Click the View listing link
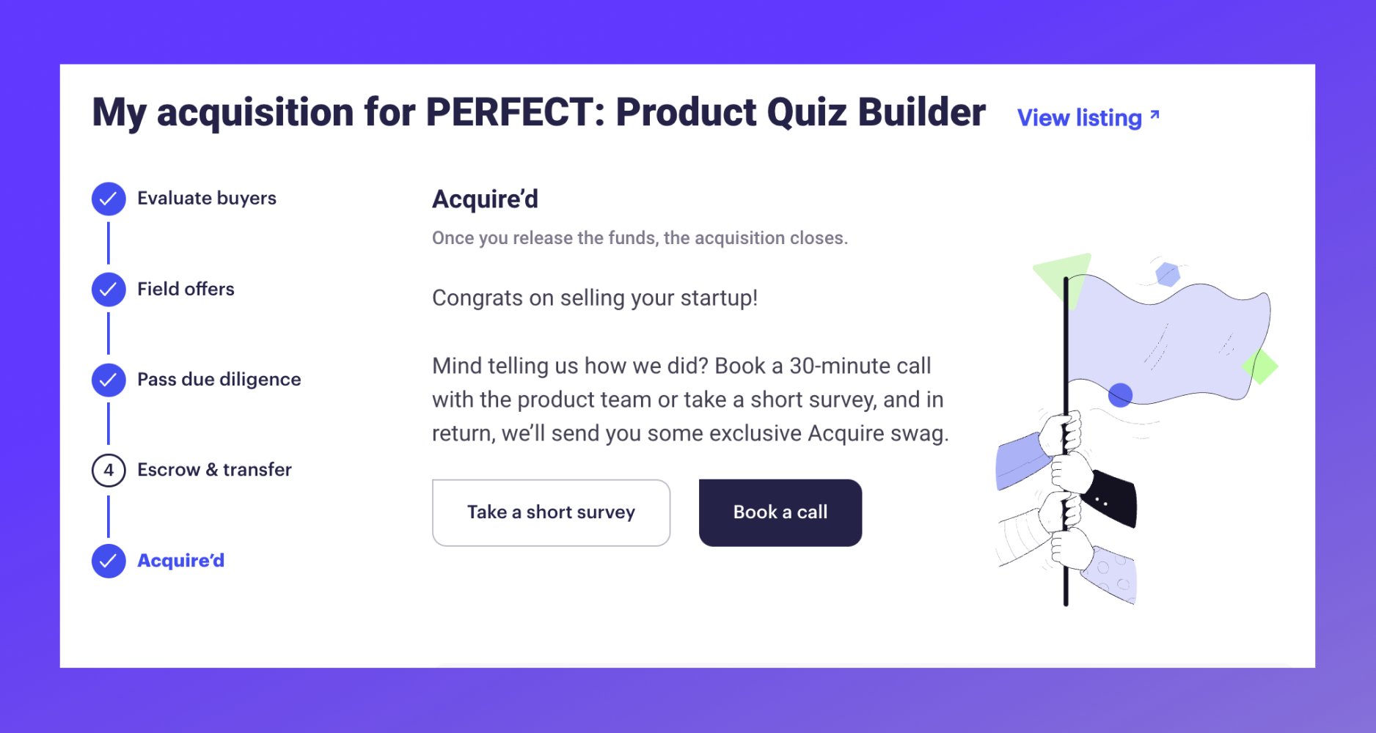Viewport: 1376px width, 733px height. [1079, 118]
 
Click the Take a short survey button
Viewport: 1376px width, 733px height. [551, 512]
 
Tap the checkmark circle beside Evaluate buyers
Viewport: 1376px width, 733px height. [109, 199]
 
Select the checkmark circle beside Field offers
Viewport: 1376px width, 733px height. [109, 290]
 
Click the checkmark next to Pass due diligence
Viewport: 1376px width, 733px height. [109, 380]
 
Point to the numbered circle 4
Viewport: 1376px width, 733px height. [109, 470]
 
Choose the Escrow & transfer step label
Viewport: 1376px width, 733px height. [214, 470]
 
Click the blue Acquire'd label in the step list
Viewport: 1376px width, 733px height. [180, 561]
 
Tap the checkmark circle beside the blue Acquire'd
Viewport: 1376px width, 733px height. [109, 561]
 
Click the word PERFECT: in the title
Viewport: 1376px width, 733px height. [515, 112]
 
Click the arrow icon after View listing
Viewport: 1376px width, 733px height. [1154, 115]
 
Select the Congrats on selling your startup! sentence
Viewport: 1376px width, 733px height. [594, 298]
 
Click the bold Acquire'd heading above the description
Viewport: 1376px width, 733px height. [485, 199]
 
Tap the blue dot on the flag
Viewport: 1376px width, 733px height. [1120, 395]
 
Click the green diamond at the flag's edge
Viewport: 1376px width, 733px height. [1260, 366]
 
